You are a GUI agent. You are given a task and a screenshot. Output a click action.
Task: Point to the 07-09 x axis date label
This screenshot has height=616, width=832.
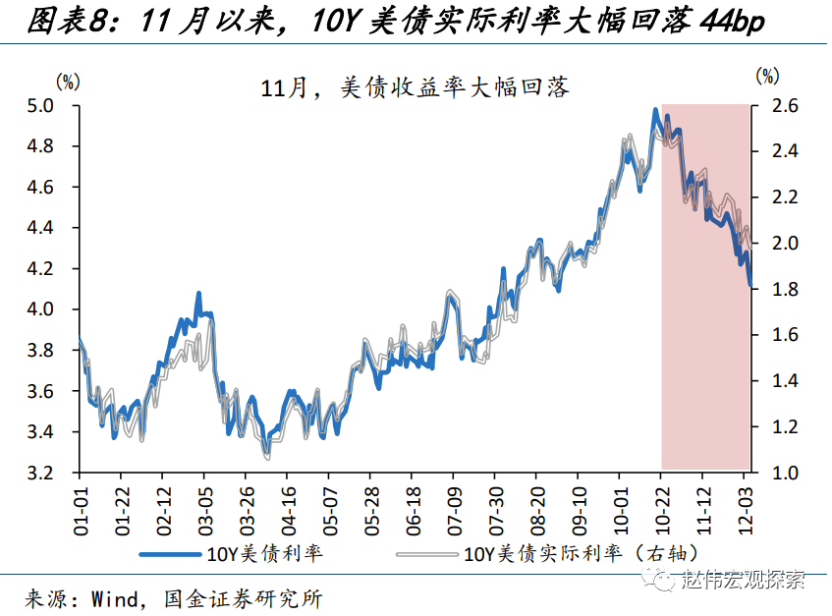pyautogui.click(x=454, y=507)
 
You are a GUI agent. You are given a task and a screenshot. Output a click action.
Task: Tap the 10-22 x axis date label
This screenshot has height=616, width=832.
pyautogui.click(x=662, y=507)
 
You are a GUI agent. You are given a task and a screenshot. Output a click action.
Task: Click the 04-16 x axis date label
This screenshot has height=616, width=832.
pyautogui.click(x=289, y=507)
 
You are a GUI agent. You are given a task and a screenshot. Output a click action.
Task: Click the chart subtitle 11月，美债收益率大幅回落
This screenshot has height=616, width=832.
pyautogui.click(x=415, y=87)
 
